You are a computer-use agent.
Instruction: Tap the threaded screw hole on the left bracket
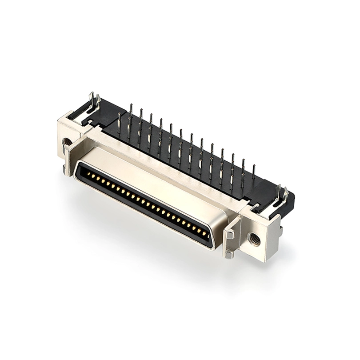(67, 142)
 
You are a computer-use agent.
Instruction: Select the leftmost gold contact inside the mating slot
(88, 174)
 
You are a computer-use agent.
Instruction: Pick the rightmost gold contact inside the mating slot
(205, 234)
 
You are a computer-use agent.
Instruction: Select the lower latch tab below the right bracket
(229, 255)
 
